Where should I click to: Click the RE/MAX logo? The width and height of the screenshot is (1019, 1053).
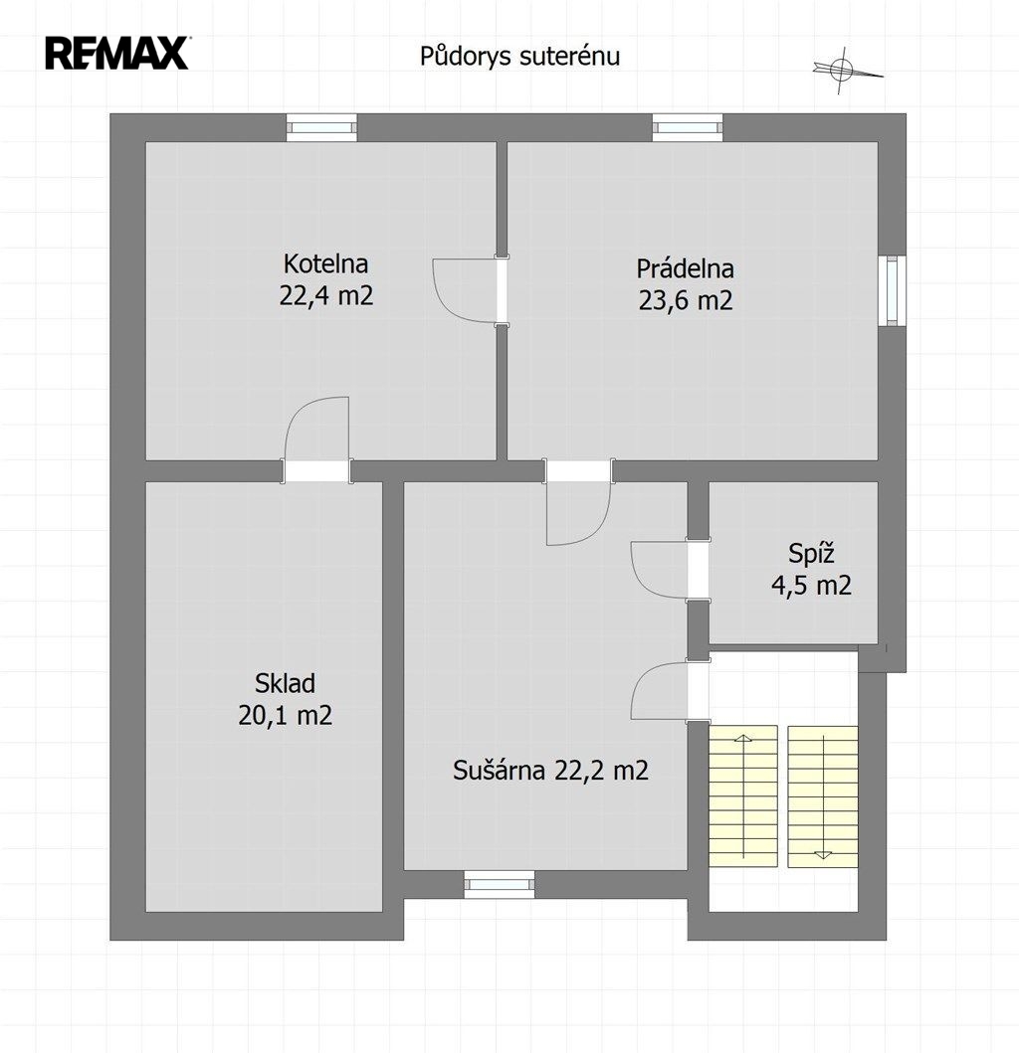coord(117,54)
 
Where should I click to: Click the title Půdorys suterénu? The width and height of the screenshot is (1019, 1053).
coord(519,57)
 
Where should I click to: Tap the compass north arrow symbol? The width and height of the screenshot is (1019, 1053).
coord(846,70)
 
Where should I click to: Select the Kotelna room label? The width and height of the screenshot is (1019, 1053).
coord(325,263)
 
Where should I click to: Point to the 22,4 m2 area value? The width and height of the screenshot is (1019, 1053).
coord(326,295)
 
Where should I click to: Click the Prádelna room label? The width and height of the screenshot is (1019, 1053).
coord(685,267)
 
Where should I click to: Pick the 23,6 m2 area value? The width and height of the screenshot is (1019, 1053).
coord(685,300)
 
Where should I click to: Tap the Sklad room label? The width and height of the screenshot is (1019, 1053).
coord(285,683)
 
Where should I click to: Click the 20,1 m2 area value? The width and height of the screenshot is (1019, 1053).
coord(285,715)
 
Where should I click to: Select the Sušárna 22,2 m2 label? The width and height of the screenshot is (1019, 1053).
coord(550,770)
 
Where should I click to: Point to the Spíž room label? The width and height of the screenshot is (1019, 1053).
coord(811,554)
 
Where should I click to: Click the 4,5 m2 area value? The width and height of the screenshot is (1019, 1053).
coord(811,586)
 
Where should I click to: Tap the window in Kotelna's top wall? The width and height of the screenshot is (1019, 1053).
coord(322,127)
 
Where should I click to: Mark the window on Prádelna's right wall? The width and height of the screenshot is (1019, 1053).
coord(892,290)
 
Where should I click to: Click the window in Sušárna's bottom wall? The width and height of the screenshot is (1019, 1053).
coord(500,884)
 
